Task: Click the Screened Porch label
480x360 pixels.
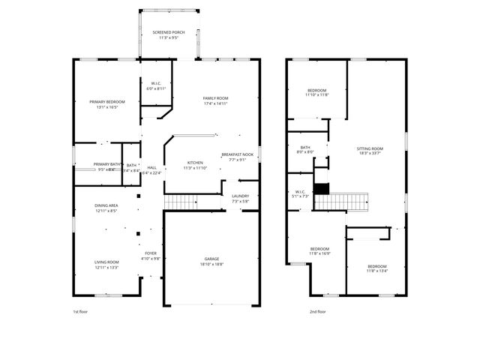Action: coord(169,33)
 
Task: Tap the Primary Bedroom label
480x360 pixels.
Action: coord(106,101)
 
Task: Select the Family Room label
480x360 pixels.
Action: coord(216,98)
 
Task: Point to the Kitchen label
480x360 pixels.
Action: coord(195,162)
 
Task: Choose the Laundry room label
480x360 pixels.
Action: coord(240,196)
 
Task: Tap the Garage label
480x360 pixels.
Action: coord(211,259)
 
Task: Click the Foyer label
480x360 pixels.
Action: coord(151,253)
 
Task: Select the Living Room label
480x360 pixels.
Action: coord(106,262)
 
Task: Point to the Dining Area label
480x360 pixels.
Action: coord(106,205)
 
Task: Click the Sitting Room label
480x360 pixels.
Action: coord(370,148)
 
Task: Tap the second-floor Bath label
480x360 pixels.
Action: coord(305,147)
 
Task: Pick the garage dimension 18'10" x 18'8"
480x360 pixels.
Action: coord(211,265)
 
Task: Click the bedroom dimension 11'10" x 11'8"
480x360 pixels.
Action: coord(317,95)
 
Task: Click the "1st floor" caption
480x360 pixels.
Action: coord(80,311)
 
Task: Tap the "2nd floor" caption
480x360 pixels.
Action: coord(317,311)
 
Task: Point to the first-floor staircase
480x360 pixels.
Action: coord(180,201)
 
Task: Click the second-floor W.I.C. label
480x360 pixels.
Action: coord(299,191)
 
